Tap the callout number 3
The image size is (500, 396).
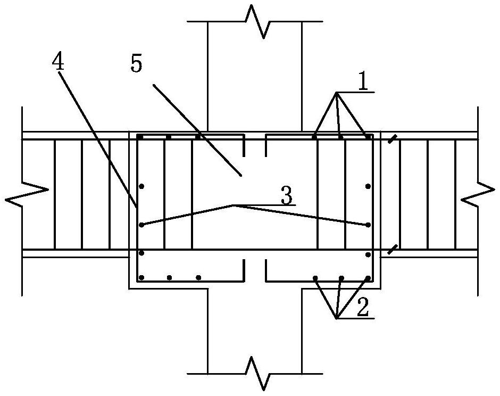(286, 197)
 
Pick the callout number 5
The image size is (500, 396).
(136, 64)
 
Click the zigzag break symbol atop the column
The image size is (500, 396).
(255, 22)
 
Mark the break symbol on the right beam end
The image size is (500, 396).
(479, 195)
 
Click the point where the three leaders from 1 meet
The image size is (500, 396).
(337, 93)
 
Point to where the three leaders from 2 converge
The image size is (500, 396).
(337, 318)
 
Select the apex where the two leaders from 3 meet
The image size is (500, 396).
(232, 204)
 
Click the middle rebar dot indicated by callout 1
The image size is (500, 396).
(340, 137)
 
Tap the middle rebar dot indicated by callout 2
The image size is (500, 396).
(341, 278)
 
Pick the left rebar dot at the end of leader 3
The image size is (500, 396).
(141, 225)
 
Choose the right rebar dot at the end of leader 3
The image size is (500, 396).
(368, 225)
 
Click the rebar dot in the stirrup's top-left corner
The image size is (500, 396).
(140, 137)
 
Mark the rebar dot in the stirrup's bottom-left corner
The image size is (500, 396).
(141, 277)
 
